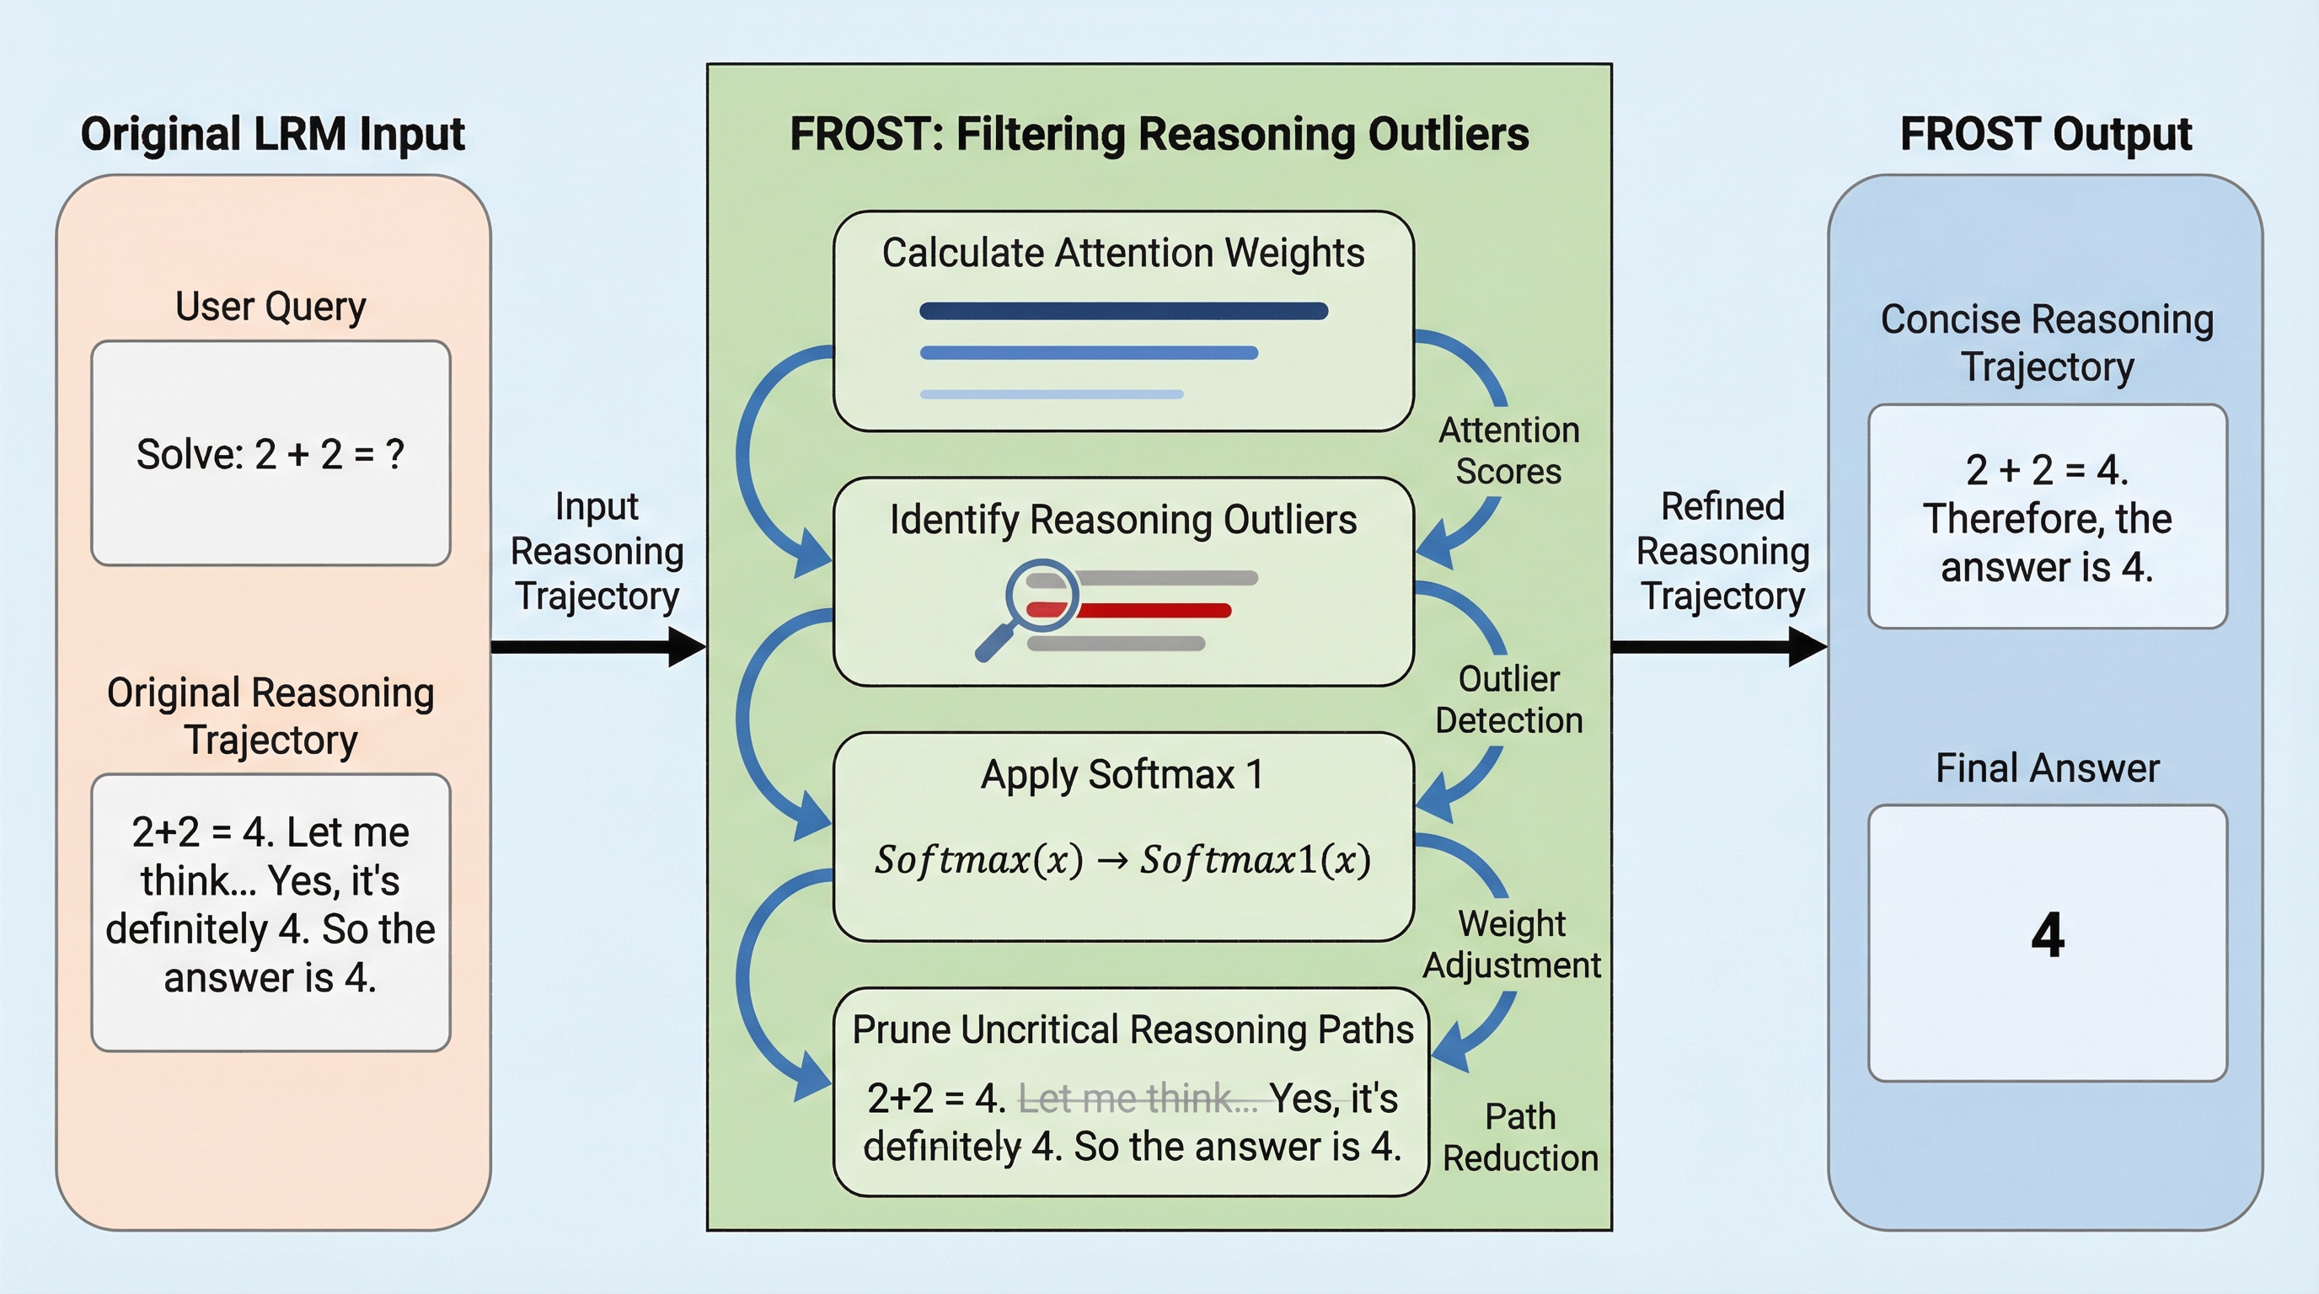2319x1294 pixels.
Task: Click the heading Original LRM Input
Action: [272, 135]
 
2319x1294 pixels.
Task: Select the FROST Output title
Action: [2045, 135]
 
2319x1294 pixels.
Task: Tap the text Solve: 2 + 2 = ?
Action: [270, 454]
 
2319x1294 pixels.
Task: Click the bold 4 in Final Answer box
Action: [2047, 936]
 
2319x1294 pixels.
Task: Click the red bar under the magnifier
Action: [1152, 611]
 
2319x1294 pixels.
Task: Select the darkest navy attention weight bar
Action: [1123, 312]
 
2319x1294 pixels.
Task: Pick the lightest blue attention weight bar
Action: [1052, 394]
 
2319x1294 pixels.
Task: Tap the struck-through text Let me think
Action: [1138, 1099]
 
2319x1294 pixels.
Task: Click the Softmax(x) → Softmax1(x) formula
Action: [1122, 860]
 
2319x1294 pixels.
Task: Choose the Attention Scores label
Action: [1509, 451]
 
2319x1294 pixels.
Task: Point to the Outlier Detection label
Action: [1509, 700]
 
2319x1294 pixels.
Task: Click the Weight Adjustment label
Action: [1513, 944]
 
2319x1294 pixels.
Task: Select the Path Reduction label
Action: [1520, 1137]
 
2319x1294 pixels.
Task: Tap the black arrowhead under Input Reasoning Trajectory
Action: [687, 647]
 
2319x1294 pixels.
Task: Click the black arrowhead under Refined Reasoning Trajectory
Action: [1808, 647]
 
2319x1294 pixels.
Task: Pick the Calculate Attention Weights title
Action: [1122, 253]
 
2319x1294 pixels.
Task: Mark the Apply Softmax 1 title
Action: [1122, 775]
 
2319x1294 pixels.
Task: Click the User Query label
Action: [270, 307]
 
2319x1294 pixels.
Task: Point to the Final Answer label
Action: [2047, 768]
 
